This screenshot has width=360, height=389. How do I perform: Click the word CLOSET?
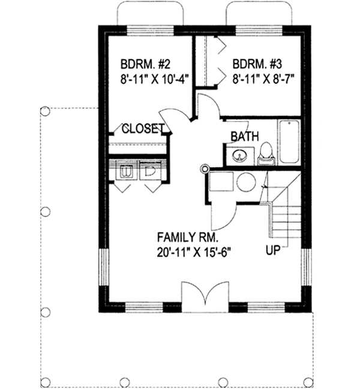143,129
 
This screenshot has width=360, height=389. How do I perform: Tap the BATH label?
245,137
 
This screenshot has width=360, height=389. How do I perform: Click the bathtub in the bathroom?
288,141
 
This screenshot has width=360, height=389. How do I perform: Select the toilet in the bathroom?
265,154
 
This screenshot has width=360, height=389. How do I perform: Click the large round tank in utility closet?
245,183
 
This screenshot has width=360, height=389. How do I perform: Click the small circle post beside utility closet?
204,168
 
